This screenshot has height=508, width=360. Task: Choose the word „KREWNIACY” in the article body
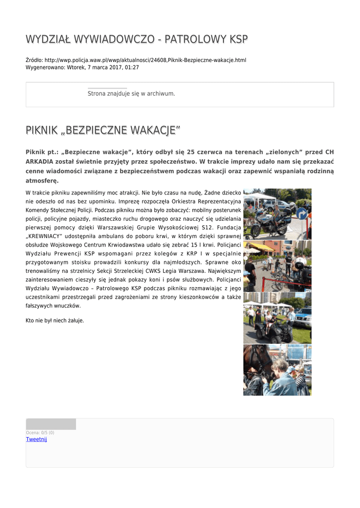[47, 236]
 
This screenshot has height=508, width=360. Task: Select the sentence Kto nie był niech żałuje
[55, 320]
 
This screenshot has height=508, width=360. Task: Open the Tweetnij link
[36, 439]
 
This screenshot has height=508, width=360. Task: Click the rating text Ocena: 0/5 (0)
[40, 433]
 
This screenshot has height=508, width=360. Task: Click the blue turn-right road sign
[301, 214]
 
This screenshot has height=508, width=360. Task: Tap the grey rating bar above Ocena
[51, 424]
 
